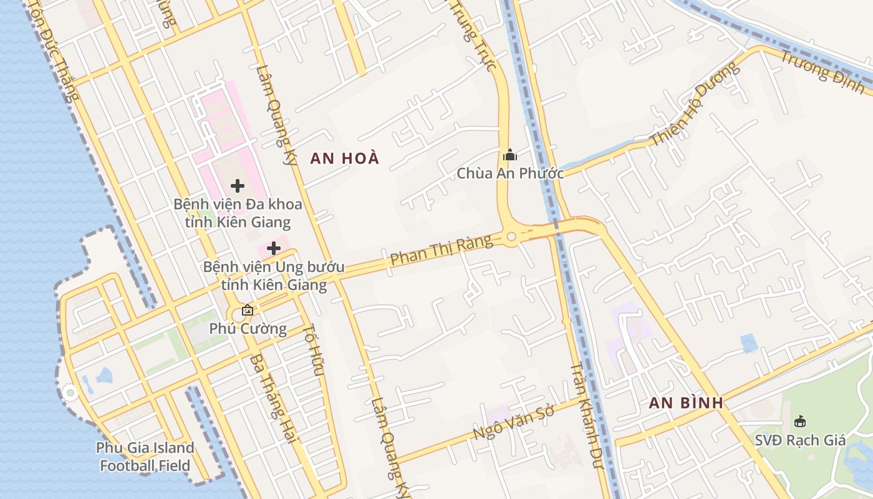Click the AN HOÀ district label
[x=344, y=158]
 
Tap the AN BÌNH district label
[x=686, y=403]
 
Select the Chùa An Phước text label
[x=510, y=173]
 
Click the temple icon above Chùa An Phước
[x=510, y=155]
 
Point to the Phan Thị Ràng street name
[x=441, y=251]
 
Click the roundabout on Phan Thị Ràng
[x=511, y=236]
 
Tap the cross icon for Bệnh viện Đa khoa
[x=238, y=186]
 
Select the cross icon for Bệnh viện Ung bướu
[x=274, y=248]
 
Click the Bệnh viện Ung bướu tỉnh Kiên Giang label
[x=274, y=276]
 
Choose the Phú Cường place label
[x=248, y=328]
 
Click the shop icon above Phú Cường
[x=248, y=310]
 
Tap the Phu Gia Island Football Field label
[x=145, y=457]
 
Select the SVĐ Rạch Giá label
[x=800, y=440]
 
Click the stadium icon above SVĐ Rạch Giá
[x=800, y=422]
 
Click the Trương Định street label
[x=822, y=72]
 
